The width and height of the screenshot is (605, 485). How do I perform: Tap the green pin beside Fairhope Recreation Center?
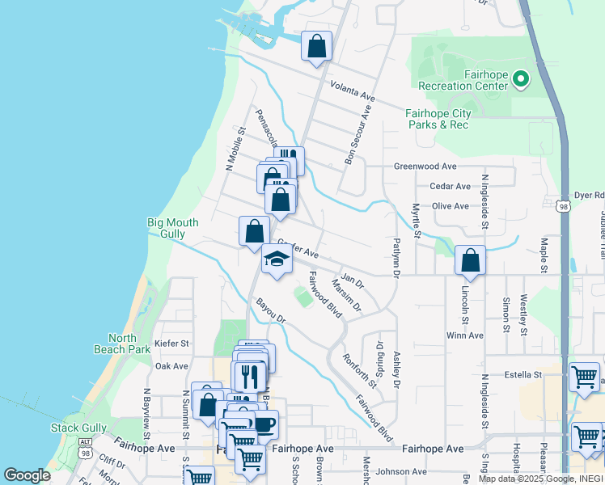point(521,79)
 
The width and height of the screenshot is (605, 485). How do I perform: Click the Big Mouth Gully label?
point(167,228)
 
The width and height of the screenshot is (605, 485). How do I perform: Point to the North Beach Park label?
point(129,344)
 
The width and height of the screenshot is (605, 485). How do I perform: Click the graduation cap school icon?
point(277,261)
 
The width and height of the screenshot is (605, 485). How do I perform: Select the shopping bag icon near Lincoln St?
point(470,261)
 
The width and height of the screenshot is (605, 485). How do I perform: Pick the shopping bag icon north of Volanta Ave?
point(316,46)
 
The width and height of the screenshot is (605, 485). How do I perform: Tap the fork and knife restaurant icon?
point(249,375)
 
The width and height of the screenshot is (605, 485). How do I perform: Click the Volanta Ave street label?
point(353,90)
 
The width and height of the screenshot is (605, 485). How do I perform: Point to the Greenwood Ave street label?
point(425,167)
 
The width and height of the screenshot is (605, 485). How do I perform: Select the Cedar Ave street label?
point(451,186)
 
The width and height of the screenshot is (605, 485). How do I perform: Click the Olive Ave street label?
point(451,206)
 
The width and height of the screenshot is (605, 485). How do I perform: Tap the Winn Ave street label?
point(464,335)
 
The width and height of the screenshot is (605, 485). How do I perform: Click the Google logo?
point(27,475)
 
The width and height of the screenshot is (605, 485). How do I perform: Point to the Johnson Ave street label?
point(401,471)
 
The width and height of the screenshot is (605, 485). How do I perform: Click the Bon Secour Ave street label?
point(357,133)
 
